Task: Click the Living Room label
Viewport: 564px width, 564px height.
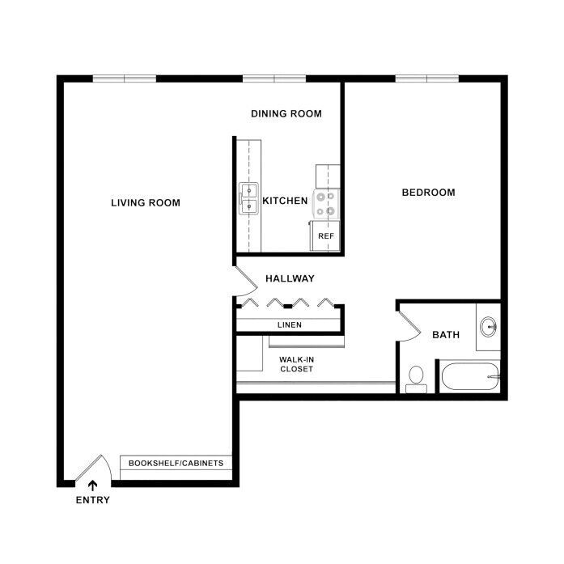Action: pyautogui.click(x=146, y=202)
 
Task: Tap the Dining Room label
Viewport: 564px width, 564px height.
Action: pyautogui.click(x=286, y=114)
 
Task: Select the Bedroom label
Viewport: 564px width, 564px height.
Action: pyautogui.click(x=428, y=193)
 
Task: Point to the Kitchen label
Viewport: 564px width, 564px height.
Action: pyautogui.click(x=285, y=201)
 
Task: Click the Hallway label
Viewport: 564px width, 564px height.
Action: pyautogui.click(x=290, y=278)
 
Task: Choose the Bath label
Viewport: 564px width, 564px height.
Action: pyautogui.click(x=446, y=334)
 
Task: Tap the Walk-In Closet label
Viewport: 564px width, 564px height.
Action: pyautogui.click(x=296, y=363)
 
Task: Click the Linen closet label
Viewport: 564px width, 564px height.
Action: pyautogui.click(x=290, y=325)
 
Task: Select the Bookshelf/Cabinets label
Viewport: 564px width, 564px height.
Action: pyautogui.click(x=177, y=464)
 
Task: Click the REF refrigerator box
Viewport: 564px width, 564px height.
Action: pyautogui.click(x=325, y=235)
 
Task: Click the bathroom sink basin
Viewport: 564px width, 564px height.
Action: pyautogui.click(x=488, y=328)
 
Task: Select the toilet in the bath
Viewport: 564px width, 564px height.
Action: pyautogui.click(x=416, y=377)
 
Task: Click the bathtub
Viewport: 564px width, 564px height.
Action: pyautogui.click(x=469, y=376)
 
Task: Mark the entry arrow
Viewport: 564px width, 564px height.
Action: pyautogui.click(x=92, y=486)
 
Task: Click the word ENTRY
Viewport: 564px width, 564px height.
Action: pyautogui.click(x=92, y=500)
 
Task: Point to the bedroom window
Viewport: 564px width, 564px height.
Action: pyautogui.click(x=427, y=78)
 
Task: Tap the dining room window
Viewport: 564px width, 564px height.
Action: pyautogui.click(x=274, y=78)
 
